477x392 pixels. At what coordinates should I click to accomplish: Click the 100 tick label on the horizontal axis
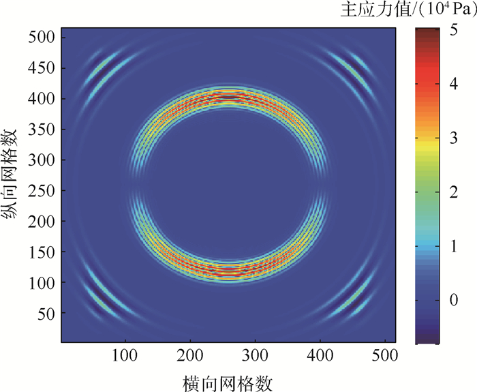click(x=124, y=355)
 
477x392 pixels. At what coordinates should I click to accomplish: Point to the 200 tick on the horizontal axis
click(x=190, y=355)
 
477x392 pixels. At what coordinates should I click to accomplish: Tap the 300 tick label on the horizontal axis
click(x=255, y=355)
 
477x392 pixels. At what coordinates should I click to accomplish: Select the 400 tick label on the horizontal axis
click(x=320, y=355)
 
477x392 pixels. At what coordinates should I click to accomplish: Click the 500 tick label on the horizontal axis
click(x=385, y=355)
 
